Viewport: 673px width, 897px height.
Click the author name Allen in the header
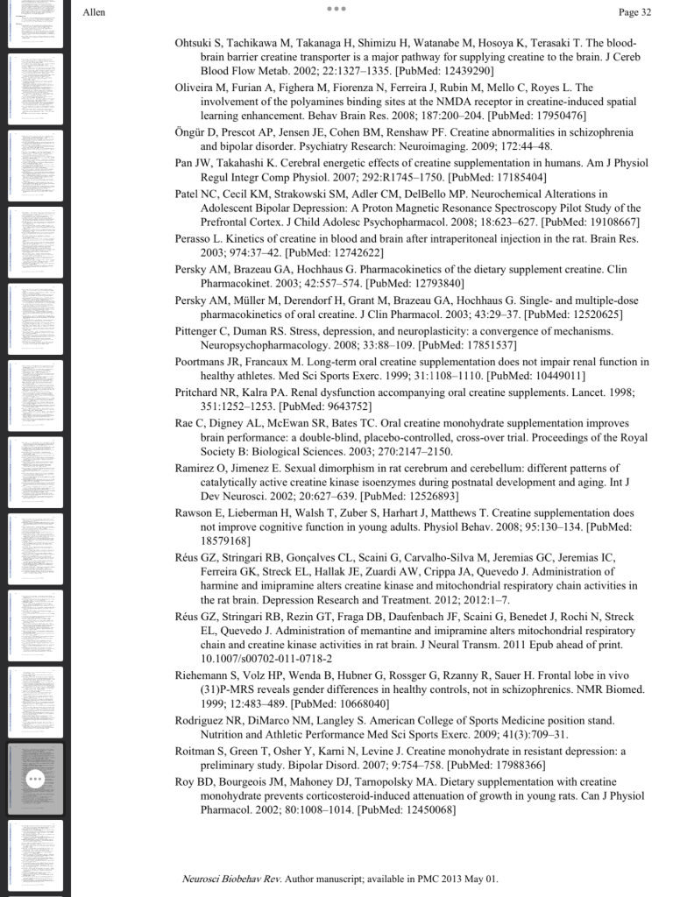(x=94, y=12)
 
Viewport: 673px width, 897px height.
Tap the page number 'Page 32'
(x=634, y=12)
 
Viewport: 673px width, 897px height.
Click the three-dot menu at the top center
(x=336, y=9)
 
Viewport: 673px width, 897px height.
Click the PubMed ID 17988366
(x=510, y=764)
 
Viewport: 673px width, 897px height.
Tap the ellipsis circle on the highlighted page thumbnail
(x=35, y=779)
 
